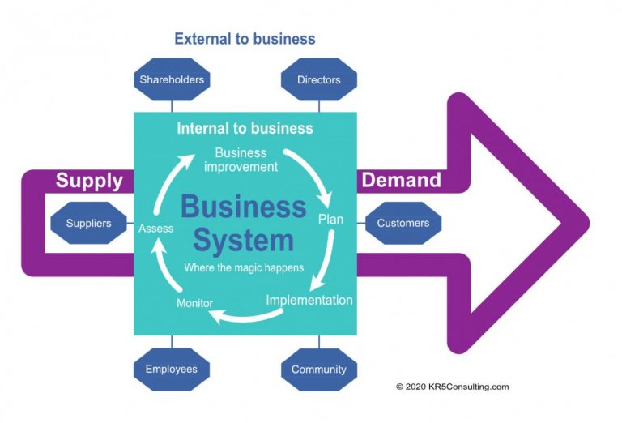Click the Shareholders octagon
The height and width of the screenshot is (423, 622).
point(172,79)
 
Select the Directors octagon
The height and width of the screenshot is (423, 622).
point(319,79)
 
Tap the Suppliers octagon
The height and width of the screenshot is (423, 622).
point(88,223)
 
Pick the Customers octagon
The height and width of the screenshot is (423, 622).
point(403,223)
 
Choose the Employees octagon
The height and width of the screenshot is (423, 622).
point(172,369)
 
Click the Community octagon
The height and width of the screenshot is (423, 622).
point(319,369)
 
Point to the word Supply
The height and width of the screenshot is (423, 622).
point(89,180)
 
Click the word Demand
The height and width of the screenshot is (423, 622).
point(401,180)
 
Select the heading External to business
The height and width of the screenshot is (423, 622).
point(245,39)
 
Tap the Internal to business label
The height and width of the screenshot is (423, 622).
point(245,128)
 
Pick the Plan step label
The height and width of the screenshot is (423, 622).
point(330,220)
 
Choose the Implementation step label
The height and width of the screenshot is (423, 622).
point(309,300)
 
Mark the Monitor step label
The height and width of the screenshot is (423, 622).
point(194,303)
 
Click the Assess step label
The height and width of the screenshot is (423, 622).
point(155,229)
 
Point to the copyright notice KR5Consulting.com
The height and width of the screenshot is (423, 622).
point(452,387)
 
